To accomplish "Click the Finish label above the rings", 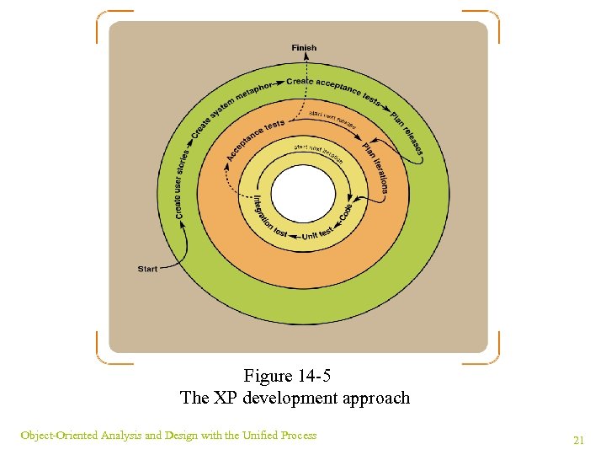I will click(304, 48).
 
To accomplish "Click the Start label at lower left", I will click(147, 269).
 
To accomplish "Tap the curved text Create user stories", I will click(182, 185).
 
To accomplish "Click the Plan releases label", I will click(407, 133).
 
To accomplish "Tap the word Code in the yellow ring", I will click(346, 212).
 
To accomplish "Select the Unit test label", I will click(317, 233).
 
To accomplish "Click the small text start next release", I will click(333, 119).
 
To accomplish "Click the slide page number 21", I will click(578, 440).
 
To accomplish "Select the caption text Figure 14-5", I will click(293, 376).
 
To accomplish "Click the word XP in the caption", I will click(226, 398).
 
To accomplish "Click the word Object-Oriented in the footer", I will click(59, 436).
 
